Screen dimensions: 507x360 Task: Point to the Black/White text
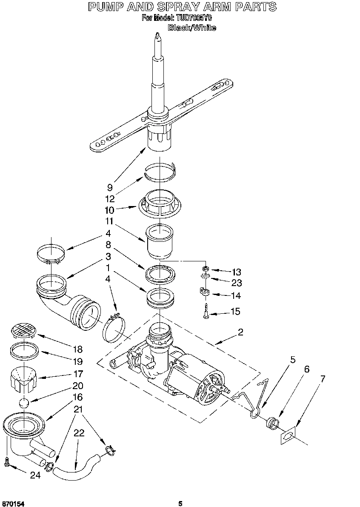pyautogui.click(x=191, y=28)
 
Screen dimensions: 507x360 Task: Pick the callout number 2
pyautogui.click(x=240, y=332)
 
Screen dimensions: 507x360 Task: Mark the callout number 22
pyautogui.click(x=79, y=433)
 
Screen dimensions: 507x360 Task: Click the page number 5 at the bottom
pyautogui.click(x=180, y=504)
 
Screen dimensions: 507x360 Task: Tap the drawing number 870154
pyautogui.click(x=13, y=504)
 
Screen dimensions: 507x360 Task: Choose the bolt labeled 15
pyautogui.click(x=206, y=312)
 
